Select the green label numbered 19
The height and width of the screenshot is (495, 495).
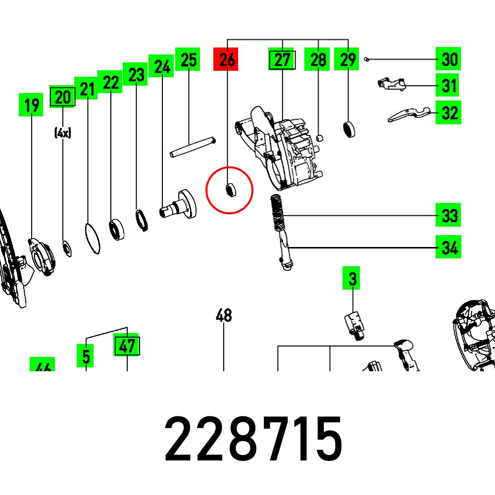[x=31, y=105]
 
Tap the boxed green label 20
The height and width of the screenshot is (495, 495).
[x=62, y=97]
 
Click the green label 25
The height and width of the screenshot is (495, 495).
[x=188, y=60]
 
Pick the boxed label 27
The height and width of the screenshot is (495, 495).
[x=282, y=60]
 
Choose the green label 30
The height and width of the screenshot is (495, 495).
[x=448, y=60]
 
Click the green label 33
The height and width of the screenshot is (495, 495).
[x=448, y=216]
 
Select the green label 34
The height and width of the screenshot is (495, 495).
[x=448, y=247]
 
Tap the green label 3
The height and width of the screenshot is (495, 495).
[x=352, y=279]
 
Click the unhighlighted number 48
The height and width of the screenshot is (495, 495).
[x=224, y=315]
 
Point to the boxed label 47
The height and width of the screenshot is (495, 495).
[x=127, y=346]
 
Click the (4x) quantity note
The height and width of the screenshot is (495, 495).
[x=63, y=133]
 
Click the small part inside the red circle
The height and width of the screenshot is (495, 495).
[x=230, y=190]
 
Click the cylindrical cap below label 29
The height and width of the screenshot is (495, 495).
[x=350, y=129]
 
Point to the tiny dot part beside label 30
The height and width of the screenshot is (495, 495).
[x=365, y=59]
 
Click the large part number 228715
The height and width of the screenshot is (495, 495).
[x=253, y=439]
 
